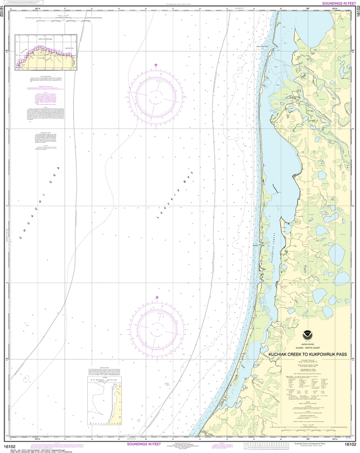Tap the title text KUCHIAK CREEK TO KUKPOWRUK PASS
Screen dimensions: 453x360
pos(307,354)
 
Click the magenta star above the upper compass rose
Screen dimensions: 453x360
pos(156,65)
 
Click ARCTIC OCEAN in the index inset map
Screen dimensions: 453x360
pos(46,39)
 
